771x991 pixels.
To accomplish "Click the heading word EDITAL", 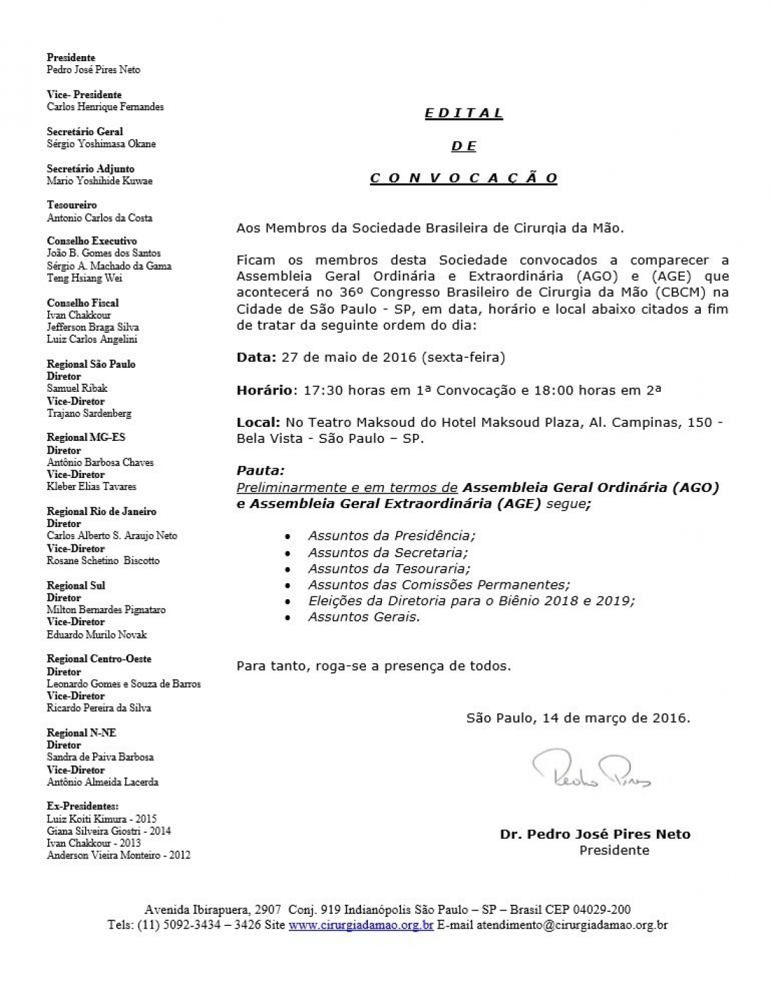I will tap(464, 114).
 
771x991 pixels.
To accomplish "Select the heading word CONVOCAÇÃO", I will tap(464, 178).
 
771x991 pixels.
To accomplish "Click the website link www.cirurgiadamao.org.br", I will tap(361, 925).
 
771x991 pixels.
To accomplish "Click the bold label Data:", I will tap(257, 357).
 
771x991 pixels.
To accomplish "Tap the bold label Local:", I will tap(258, 423).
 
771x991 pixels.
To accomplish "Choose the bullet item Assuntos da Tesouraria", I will tap(389, 568).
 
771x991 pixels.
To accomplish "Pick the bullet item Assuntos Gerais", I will tap(364, 617).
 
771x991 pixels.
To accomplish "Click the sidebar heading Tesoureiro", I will tap(71, 205).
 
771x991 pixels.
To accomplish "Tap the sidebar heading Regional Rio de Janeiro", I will tap(102, 512).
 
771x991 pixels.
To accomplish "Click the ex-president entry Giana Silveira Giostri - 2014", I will tap(109, 831).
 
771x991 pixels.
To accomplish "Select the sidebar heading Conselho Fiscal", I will tap(83, 303).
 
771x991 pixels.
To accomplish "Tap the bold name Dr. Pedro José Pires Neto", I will tap(595, 835).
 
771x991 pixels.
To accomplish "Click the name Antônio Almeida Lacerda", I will tap(102, 782).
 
